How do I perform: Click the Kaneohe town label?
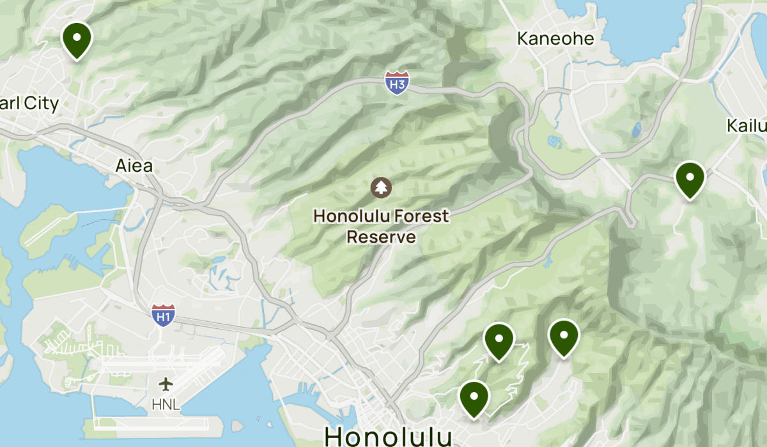point(555,39)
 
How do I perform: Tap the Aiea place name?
point(134,166)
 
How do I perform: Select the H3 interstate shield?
point(397,83)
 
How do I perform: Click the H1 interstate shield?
point(164,315)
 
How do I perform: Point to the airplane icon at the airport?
point(166,384)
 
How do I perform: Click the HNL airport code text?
point(166,404)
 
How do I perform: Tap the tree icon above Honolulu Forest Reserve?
point(381,188)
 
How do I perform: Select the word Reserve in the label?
point(381,238)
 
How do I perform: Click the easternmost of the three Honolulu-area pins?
point(564,337)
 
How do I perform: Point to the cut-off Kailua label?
point(747,125)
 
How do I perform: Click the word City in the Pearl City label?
point(40,104)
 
